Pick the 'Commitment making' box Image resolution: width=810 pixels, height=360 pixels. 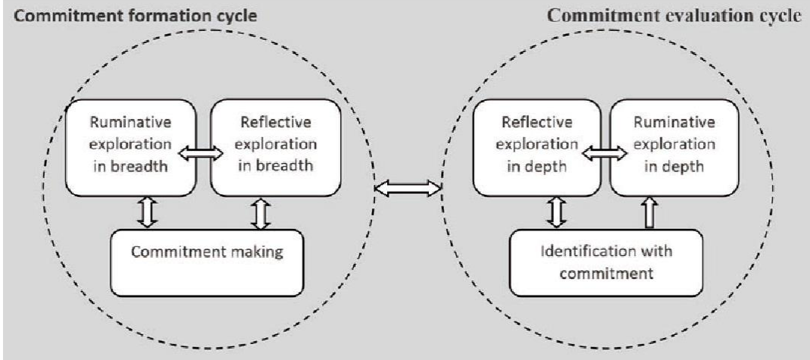(208, 252)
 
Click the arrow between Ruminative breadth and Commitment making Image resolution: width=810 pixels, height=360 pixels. (148, 213)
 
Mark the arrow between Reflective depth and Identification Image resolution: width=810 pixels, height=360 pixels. (557, 213)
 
